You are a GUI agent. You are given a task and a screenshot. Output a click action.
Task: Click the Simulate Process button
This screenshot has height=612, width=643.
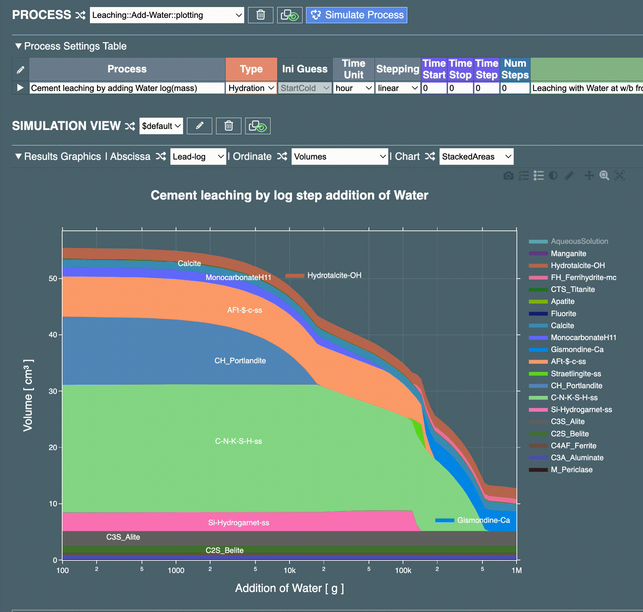(356, 15)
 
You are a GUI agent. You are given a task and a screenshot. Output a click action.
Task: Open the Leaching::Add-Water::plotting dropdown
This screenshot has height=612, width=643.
(167, 15)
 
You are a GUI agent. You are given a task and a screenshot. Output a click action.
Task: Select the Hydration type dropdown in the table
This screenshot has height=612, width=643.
(251, 88)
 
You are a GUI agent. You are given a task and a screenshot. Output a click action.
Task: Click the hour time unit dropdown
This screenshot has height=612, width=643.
(353, 88)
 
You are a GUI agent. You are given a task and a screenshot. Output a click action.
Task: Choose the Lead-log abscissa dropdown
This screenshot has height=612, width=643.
(198, 157)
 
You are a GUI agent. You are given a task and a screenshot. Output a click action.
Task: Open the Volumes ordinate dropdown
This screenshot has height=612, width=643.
(340, 157)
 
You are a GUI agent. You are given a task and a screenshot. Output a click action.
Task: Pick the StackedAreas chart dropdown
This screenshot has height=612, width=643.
(476, 157)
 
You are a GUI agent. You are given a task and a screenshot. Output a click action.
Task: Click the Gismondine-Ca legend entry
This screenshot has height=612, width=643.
(577, 350)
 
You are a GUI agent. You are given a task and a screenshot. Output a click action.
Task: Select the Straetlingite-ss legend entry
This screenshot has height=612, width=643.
(576, 374)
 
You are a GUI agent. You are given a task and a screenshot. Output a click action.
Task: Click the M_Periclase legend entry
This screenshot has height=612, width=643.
(571, 470)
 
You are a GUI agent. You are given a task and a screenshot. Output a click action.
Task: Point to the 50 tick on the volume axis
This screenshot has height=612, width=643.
(53, 279)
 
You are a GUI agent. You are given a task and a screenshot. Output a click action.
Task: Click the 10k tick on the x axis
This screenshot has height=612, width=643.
(290, 571)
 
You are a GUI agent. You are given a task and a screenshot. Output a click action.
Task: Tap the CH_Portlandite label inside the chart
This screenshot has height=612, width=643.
(240, 361)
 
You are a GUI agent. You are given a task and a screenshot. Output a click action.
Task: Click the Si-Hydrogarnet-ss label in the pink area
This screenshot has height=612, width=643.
(239, 523)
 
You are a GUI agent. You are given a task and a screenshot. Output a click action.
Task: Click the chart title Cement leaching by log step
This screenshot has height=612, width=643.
(289, 195)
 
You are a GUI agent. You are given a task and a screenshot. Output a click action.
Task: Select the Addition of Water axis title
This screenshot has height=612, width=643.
(289, 588)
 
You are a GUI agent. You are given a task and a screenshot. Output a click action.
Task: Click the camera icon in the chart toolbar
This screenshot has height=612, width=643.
(508, 176)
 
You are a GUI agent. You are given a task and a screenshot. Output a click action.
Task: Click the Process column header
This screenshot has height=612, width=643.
(127, 69)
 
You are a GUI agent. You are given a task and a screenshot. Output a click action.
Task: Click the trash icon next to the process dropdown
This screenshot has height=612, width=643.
(260, 15)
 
